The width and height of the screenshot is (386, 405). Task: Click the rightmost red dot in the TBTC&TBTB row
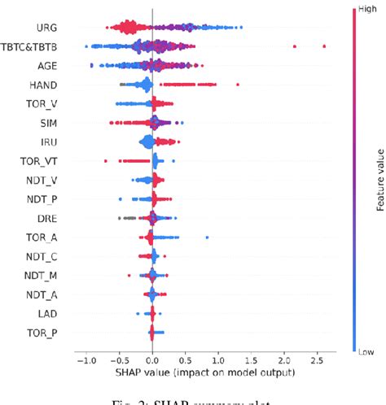pyautogui.click(x=324, y=46)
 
